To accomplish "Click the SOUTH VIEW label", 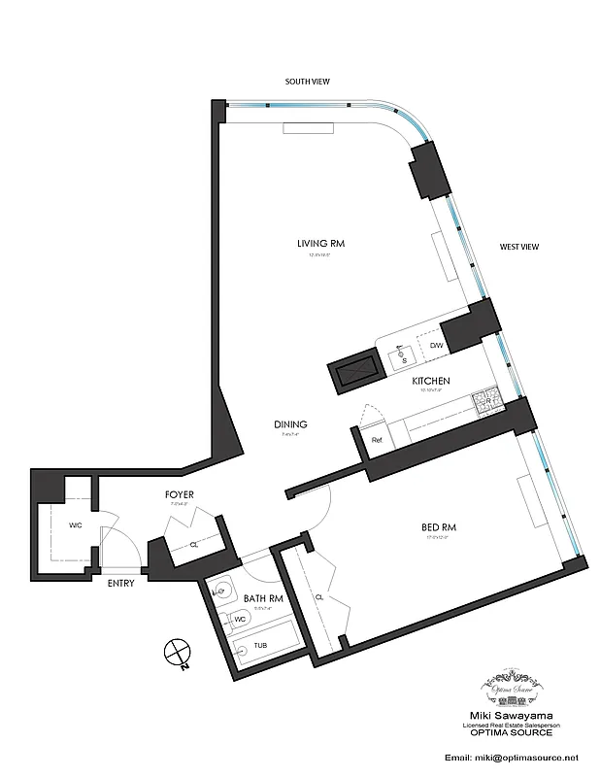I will [307, 83].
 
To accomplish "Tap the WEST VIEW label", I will [518, 247].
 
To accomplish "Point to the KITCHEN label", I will [428, 382].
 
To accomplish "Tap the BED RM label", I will [438, 527].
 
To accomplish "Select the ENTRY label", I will [120, 583].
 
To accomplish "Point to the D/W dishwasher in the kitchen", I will [436, 346].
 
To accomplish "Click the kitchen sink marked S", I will [403, 358].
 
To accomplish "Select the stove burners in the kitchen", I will [483, 398].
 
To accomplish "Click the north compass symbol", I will [176, 653].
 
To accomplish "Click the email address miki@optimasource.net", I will [511, 757].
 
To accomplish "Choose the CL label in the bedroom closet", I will [318, 597].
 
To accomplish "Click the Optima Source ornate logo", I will [511, 686].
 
